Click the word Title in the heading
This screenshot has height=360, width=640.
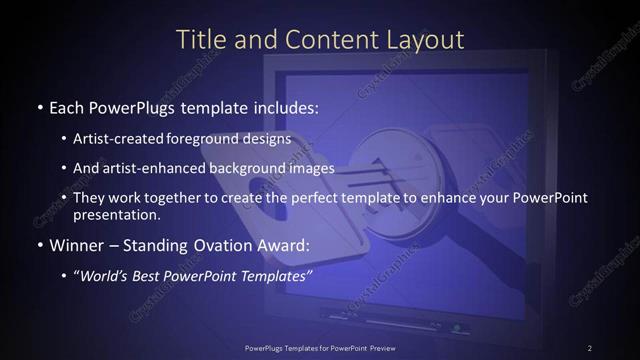tap(200, 40)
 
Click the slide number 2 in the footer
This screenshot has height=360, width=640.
tap(590, 347)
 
